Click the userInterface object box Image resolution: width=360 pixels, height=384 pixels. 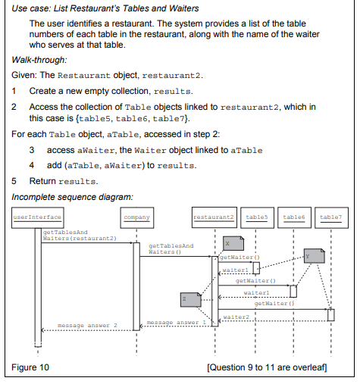point(38,217)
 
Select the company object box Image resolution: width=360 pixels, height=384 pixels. point(137,217)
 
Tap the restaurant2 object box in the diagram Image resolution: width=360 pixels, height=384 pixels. point(214,217)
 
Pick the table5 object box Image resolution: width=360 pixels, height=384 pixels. point(257,217)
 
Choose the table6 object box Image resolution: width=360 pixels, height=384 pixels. point(294,217)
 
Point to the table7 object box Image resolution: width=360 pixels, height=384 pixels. point(331,217)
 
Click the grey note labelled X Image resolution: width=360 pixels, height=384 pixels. point(233,243)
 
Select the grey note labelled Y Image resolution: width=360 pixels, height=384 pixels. point(315,256)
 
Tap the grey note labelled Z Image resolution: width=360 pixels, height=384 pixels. point(191,300)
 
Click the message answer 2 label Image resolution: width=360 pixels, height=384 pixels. point(87,326)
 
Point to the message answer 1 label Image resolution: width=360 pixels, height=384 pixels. point(177,323)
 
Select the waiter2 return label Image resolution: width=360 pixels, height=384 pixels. point(236,317)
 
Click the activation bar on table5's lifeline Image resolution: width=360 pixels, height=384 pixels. point(256,268)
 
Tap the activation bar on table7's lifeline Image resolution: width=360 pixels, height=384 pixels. point(331,315)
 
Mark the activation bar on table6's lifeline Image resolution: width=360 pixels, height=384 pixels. point(293,292)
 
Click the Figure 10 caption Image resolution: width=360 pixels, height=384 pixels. point(30,367)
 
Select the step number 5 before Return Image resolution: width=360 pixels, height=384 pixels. point(14,181)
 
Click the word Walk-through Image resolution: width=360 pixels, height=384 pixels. point(39,60)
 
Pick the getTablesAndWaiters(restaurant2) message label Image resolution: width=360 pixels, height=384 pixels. point(80,236)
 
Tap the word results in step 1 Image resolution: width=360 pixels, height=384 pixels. point(173,92)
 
